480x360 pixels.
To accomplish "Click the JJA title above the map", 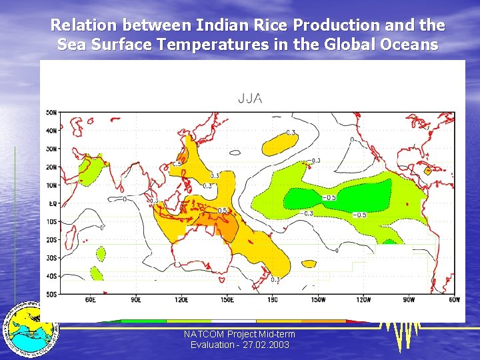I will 250,99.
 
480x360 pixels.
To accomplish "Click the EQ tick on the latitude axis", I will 51,203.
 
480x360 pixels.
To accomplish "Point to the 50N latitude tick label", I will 51,113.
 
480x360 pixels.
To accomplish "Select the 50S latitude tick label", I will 51,294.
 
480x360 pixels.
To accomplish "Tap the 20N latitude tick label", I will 51,167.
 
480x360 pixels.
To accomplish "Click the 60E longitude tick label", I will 90,300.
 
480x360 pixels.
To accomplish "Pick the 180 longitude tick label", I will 272,300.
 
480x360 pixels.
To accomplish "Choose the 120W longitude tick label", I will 363,300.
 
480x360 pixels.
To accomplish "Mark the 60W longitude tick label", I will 454,300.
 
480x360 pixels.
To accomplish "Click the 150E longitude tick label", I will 227,300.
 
